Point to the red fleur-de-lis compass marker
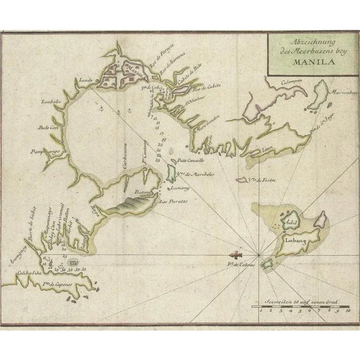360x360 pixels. click(236, 255)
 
